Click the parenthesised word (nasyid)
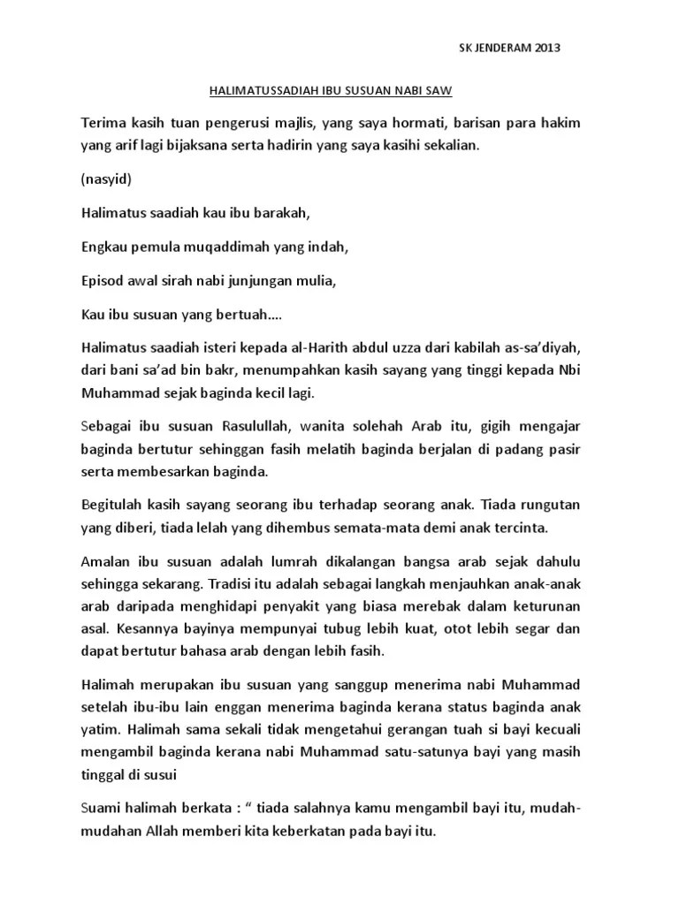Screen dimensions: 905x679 (x=106, y=179)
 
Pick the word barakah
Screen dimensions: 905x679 (x=285, y=214)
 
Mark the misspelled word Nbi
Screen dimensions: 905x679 (x=568, y=371)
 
